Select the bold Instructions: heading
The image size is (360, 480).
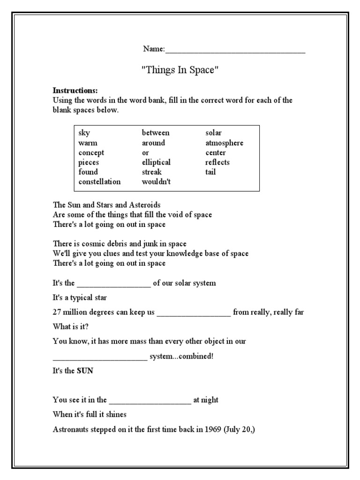click(75, 90)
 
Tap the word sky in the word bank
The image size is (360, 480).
click(84, 133)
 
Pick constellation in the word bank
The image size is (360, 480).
click(99, 182)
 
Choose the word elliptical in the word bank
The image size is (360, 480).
click(156, 162)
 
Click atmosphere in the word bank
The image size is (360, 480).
click(224, 143)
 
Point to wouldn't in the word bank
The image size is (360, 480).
click(156, 182)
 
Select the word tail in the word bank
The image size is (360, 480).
click(210, 172)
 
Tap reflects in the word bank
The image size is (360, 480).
click(217, 162)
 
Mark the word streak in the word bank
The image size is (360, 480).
click(151, 172)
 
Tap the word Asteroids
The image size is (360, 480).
click(145, 205)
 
